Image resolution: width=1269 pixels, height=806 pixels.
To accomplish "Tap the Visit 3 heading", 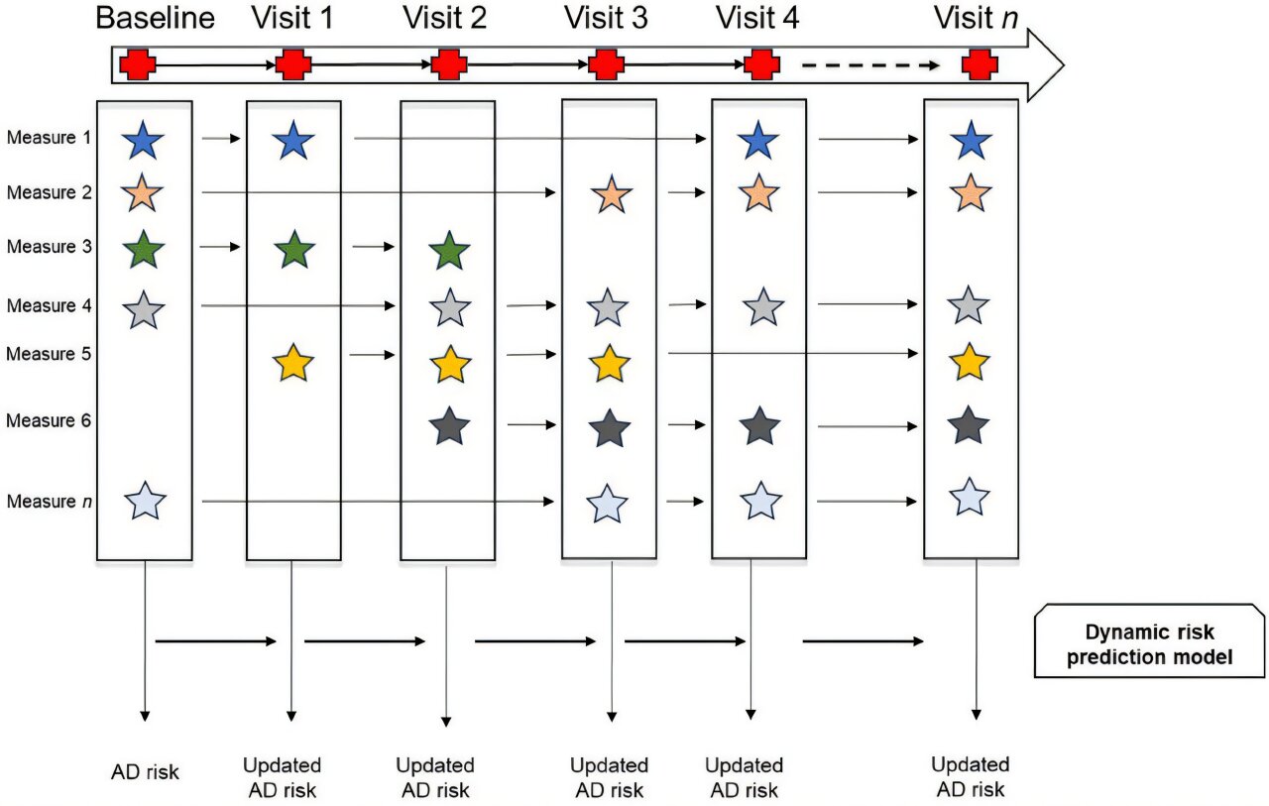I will tap(606, 19).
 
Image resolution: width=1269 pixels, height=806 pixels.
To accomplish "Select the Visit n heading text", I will tap(977, 19).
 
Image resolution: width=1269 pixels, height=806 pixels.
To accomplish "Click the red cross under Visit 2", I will tap(449, 65).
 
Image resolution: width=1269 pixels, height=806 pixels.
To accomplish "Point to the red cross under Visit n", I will tap(980, 65).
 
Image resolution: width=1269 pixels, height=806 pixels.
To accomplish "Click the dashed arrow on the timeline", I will tap(869, 66).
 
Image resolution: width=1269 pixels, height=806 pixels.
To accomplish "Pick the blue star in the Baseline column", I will tap(145, 142).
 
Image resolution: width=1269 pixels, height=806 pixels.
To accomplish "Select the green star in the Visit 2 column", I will tap(450, 250).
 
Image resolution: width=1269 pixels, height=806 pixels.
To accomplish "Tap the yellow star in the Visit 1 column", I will tap(292, 364).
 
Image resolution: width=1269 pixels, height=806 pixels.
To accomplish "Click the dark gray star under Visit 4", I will tap(759, 426).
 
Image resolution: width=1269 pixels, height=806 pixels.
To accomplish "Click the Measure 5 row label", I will tap(50, 353).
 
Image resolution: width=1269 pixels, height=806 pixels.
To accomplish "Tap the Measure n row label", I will tap(50, 502).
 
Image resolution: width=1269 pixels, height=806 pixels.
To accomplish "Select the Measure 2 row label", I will tap(50, 192).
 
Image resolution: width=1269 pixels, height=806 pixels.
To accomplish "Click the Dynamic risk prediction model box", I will tap(1150, 642).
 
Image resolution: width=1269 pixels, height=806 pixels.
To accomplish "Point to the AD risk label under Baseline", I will tap(146, 771).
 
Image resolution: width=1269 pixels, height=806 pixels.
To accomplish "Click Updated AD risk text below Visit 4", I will tap(744, 777).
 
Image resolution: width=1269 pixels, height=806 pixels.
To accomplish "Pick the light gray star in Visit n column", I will tap(969, 305).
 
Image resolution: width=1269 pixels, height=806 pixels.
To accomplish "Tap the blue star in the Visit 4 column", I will tap(759, 141).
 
